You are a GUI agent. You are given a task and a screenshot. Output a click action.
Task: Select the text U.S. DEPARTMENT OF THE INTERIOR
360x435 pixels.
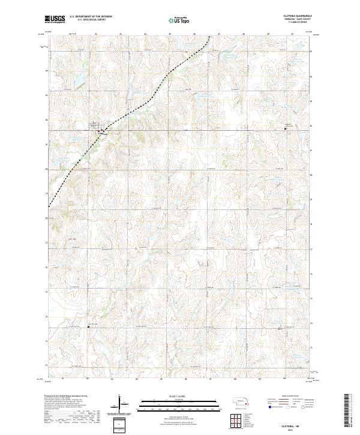[91, 16]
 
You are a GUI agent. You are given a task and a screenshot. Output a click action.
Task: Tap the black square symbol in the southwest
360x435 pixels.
[89, 326]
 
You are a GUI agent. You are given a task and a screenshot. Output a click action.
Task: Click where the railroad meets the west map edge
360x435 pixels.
[48, 206]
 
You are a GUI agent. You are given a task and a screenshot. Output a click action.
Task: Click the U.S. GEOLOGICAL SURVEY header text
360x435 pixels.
[91, 20]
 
